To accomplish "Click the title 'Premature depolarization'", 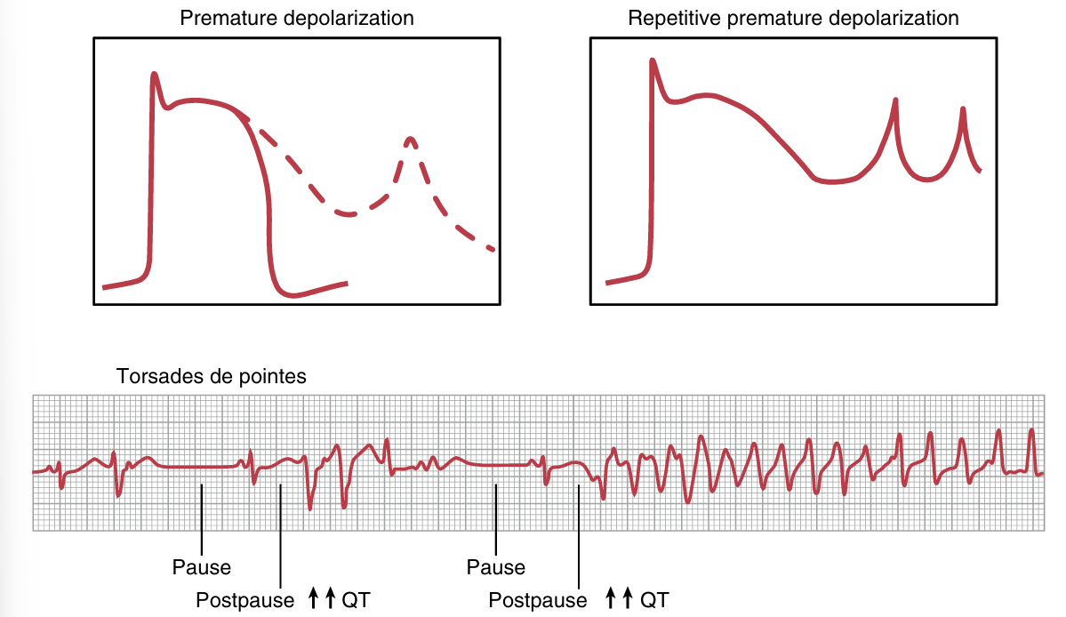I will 296,18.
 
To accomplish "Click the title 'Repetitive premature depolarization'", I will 793,18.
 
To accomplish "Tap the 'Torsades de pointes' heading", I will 211,376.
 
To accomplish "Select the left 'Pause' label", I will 202,567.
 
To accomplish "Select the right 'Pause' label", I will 495,567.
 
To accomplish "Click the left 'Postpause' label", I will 244,600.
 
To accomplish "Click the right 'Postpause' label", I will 537,600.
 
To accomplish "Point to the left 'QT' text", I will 356,600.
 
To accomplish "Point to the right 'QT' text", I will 653,600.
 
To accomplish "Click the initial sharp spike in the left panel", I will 155,75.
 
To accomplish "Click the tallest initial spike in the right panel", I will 653,61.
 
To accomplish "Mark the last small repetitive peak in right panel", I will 963,109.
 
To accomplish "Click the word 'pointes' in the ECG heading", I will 277,376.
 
